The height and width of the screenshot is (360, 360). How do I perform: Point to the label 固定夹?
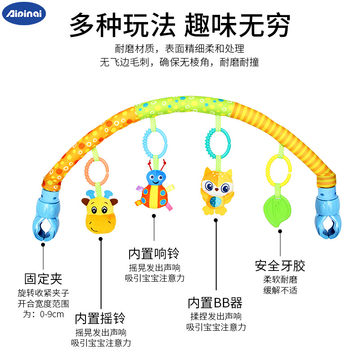[x=43, y=279]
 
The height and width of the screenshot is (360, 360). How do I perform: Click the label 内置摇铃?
[x=100, y=318]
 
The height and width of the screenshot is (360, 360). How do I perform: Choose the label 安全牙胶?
[x=280, y=265]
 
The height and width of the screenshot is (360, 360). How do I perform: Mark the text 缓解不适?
[x=280, y=290]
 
